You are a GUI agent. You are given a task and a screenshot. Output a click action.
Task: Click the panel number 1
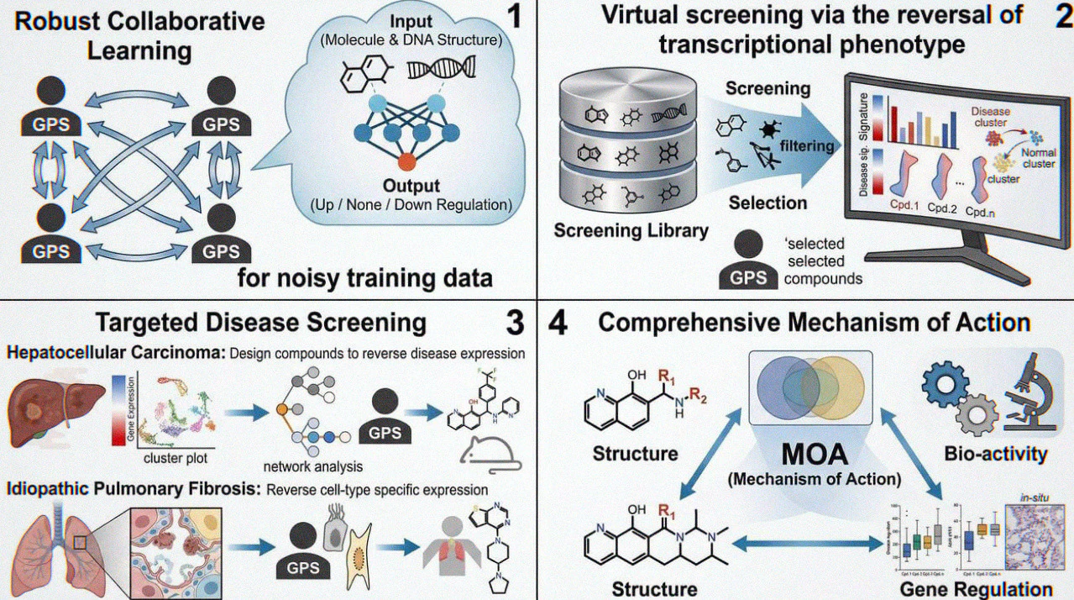pos(514,16)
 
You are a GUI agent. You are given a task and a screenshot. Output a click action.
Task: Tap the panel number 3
pos(514,323)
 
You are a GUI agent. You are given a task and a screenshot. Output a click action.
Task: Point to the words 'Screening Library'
pos(631,229)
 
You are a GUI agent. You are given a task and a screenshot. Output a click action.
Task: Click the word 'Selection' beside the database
pos(768,203)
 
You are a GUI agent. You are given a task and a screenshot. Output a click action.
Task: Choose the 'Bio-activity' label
pos(995,454)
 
